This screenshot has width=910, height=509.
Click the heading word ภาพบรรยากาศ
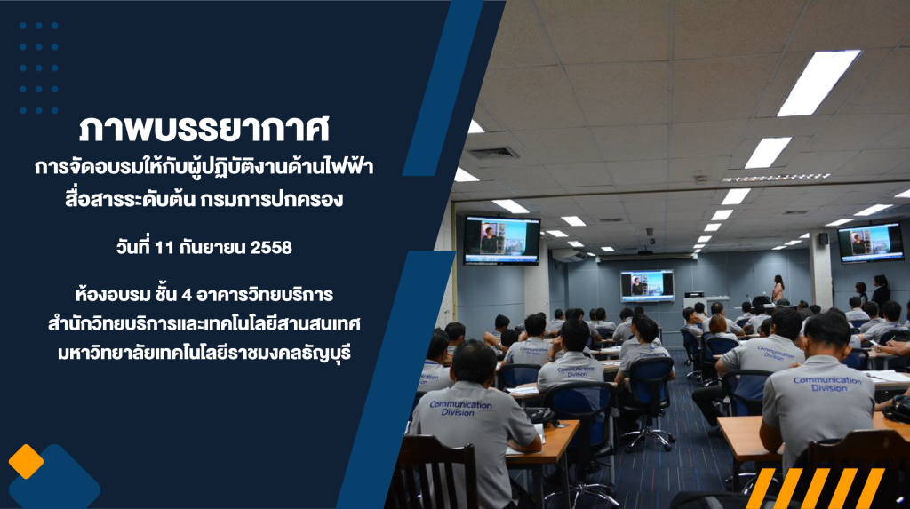(204, 128)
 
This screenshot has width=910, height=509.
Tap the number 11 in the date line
(164, 247)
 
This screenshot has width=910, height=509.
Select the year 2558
(271, 247)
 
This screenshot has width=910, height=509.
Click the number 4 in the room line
(187, 295)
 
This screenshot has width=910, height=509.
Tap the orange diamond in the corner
(26, 461)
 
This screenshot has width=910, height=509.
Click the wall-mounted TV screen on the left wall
(501, 240)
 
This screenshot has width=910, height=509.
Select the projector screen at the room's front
(647, 285)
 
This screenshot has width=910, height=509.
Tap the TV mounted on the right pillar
(871, 243)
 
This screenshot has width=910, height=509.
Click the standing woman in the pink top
(778, 289)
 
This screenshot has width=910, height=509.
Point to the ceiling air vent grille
(494, 153)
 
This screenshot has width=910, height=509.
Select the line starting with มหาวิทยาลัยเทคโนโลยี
(204, 353)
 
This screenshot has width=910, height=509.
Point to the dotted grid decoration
(39, 68)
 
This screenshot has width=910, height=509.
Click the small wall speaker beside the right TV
(824, 239)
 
